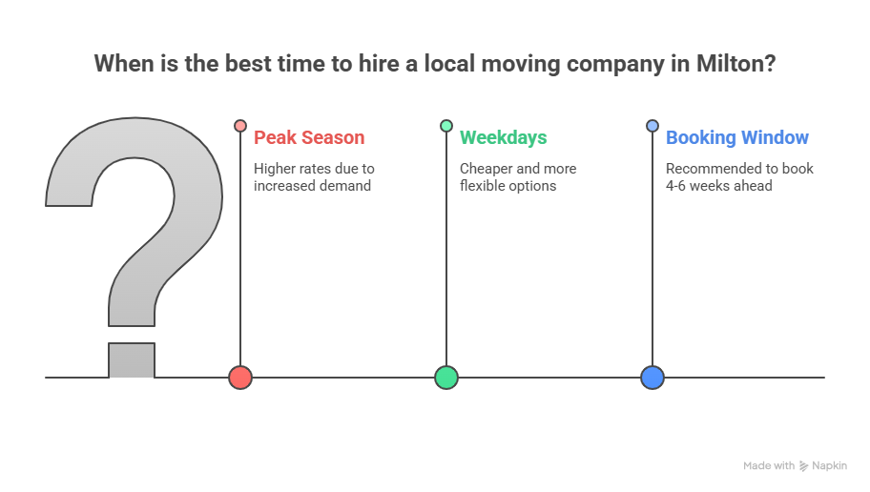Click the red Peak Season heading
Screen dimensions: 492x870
click(x=309, y=137)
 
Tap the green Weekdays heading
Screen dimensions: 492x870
click(x=504, y=137)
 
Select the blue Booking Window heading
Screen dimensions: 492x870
click(x=737, y=137)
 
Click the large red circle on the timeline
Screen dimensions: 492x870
click(x=240, y=378)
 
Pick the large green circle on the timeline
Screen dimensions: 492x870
click(x=446, y=378)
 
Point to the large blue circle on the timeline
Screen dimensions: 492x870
click(x=652, y=378)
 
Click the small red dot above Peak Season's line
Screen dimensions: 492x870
click(x=240, y=126)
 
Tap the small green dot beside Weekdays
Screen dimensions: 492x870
click(x=446, y=126)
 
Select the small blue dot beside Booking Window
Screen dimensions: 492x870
click(x=652, y=126)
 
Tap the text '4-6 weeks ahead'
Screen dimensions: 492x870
click(x=719, y=186)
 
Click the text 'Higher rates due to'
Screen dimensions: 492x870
click(x=314, y=169)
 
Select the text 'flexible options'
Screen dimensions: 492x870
click(x=508, y=186)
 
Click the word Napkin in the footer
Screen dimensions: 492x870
click(x=829, y=466)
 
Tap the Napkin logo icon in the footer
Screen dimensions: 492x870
click(x=804, y=466)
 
